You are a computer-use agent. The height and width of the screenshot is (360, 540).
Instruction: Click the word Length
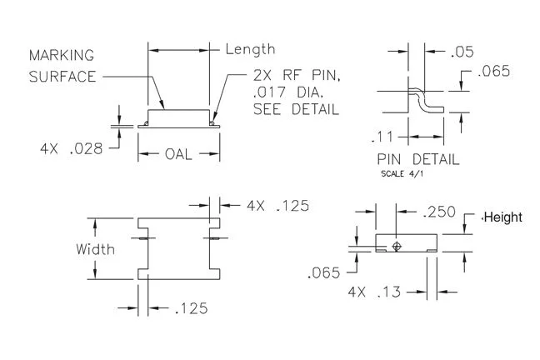coord(250,50)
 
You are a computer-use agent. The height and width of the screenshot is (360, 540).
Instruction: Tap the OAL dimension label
coord(178,154)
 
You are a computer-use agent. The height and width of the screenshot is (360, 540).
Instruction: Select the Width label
coord(95,249)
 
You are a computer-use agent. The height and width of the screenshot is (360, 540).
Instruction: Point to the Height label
coord(502,217)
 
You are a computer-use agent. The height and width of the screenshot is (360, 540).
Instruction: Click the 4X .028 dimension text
coord(72,149)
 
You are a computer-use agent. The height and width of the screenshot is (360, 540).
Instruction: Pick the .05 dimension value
coord(462,52)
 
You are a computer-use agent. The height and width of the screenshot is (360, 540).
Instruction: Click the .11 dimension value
coord(382,137)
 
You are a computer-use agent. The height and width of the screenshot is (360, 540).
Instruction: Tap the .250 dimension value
coord(438,212)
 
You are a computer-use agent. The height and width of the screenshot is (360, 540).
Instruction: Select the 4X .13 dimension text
coord(374,292)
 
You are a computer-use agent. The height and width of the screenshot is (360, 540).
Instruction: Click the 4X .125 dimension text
coord(277,206)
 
